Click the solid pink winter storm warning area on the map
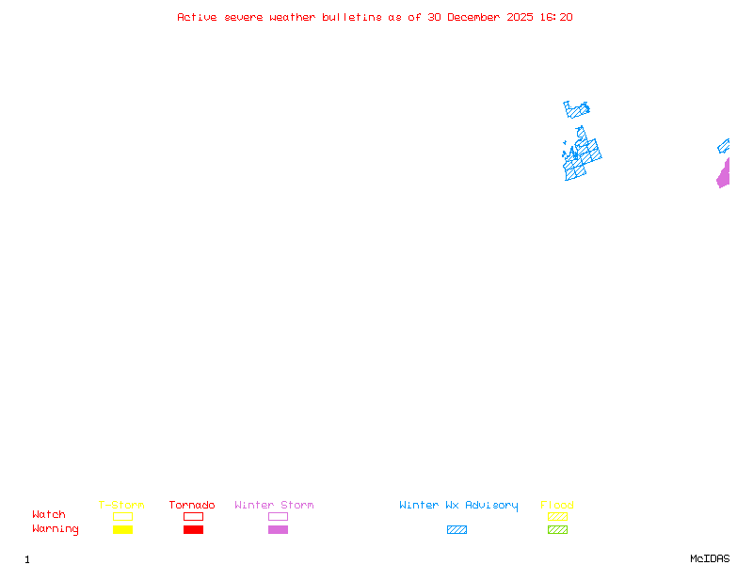point(724,176)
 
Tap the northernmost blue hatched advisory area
point(576,109)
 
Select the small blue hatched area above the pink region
point(724,146)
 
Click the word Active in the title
point(197,17)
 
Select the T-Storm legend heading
point(121,505)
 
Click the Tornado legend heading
point(192,505)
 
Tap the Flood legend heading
point(557,505)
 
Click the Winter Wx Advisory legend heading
point(458,505)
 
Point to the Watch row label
point(49,515)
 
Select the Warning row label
point(56,529)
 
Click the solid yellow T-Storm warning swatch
point(122,529)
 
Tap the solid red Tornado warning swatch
point(193,529)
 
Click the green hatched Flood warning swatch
point(557,529)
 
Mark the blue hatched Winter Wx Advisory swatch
point(457,529)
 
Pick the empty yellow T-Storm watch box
point(122,516)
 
